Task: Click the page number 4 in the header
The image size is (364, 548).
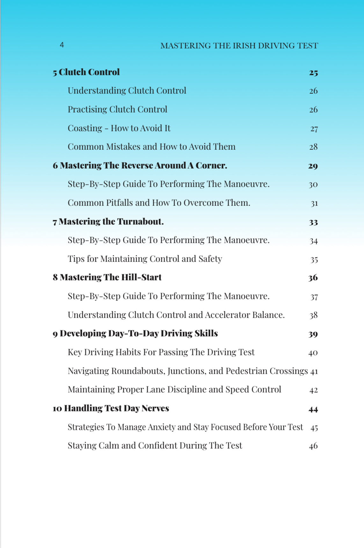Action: [x=62, y=45]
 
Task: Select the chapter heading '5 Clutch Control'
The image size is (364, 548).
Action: [x=86, y=72]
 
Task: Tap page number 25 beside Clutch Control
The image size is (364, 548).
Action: [x=313, y=73]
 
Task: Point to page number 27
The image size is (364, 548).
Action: [x=314, y=129]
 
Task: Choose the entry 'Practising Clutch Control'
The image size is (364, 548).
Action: [x=117, y=110]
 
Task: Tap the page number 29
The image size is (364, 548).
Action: [x=313, y=166]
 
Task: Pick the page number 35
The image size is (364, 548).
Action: [x=314, y=260]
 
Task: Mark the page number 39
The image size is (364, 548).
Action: [x=313, y=334]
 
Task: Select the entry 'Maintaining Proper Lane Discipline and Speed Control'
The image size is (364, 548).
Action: [x=174, y=390]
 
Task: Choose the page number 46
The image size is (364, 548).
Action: [x=313, y=446]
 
